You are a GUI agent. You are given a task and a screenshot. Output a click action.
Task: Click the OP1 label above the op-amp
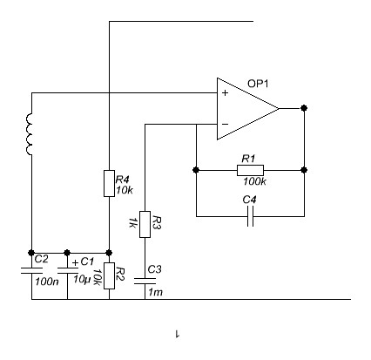pos(258,84)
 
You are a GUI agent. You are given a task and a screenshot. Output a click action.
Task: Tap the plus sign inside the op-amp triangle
pos(225,93)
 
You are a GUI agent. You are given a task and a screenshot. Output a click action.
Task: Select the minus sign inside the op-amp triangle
pos(225,125)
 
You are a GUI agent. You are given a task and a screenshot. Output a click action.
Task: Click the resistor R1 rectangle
pos(250,170)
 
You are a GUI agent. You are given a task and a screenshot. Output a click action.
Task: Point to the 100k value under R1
pos(254,181)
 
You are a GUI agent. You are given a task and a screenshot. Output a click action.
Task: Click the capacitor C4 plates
pos(251,216)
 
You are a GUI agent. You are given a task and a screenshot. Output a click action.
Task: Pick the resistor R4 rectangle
pos(109,184)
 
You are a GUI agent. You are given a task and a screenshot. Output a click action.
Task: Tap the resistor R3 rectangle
pos(145,224)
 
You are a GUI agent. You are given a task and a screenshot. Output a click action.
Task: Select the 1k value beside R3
pos(132,222)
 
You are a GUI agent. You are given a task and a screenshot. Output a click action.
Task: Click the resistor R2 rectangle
pos(109,275)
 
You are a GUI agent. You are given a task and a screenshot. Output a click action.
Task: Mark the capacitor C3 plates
pos(145,281)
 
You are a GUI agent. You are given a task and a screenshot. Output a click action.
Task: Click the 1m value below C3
pos(155,292)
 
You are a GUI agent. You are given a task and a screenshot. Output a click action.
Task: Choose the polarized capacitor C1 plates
pos(68,271)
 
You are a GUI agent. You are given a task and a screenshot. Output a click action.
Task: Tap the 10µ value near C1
pos(81,280)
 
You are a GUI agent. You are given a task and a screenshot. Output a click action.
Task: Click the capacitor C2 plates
pos(31,271)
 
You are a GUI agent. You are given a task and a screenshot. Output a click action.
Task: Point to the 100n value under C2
pos(47,282)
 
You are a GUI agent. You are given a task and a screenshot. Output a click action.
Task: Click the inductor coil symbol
pos(30,134)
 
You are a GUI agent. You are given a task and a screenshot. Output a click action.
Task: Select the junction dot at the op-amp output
pos(304,108)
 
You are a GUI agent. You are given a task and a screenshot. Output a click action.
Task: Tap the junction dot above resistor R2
pos(109,253)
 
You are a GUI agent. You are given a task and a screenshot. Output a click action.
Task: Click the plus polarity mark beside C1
pos(75,263)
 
